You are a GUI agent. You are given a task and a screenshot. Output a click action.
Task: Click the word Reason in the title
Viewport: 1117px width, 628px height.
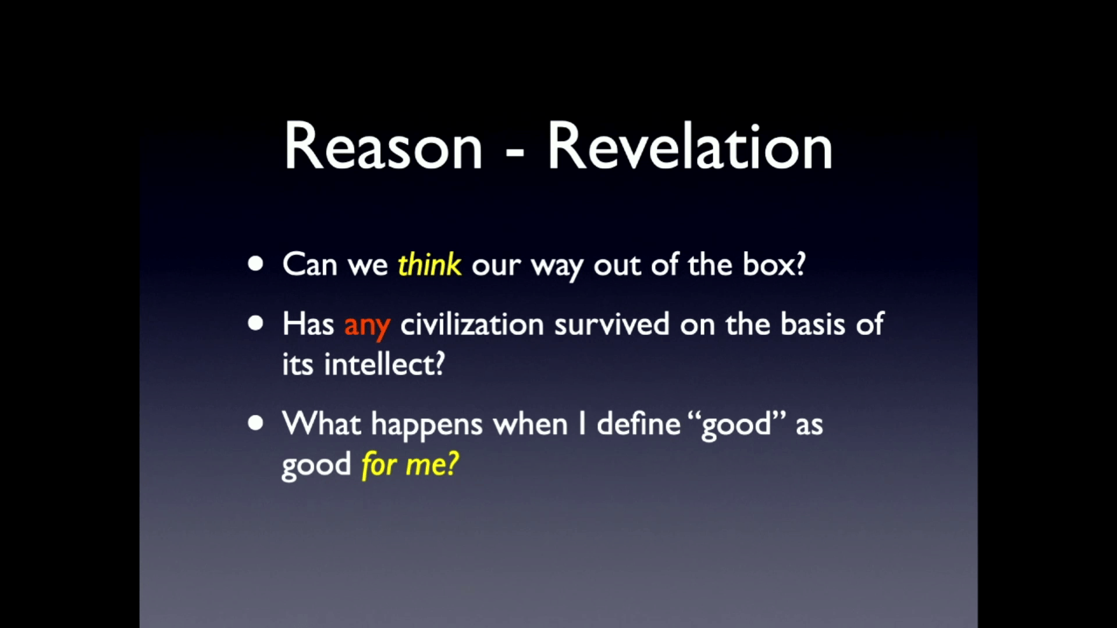383,147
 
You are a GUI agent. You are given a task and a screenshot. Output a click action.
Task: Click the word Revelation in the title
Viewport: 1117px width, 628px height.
690,147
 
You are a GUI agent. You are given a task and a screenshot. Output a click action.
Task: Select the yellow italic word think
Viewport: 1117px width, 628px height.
429,265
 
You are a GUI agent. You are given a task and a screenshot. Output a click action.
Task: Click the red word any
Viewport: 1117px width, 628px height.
367,326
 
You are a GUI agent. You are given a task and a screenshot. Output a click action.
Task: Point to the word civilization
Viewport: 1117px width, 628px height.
472,323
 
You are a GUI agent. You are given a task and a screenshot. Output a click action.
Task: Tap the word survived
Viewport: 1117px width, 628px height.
611,324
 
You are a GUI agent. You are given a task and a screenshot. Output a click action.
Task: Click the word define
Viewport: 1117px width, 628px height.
639,423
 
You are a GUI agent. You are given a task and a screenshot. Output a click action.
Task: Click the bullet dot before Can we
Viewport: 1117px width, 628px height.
255,265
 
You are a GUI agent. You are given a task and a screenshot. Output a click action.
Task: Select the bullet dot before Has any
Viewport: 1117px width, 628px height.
255,323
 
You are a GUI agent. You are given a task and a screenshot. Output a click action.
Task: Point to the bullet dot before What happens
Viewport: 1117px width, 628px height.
255,423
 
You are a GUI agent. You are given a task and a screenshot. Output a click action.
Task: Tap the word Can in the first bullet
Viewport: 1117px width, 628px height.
310,265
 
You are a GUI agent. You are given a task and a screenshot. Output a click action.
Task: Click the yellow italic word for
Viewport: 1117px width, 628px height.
378,464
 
